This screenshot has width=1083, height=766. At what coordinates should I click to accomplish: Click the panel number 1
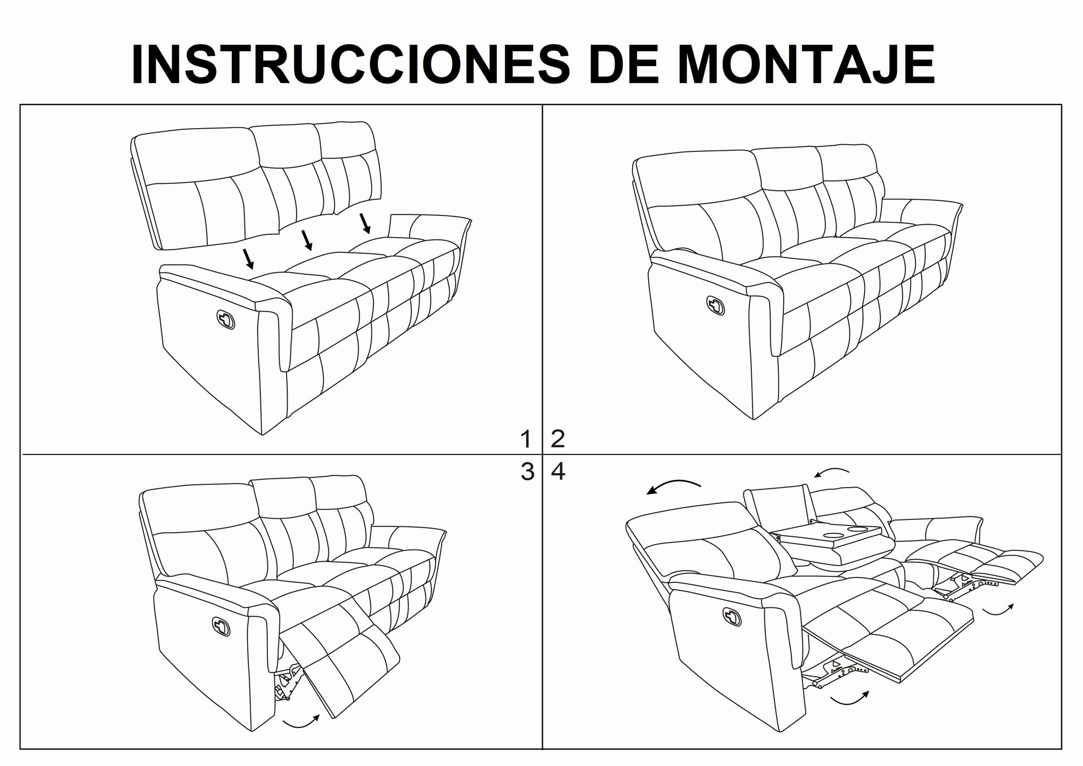[526, 439]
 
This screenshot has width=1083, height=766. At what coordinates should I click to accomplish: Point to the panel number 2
[557, 439]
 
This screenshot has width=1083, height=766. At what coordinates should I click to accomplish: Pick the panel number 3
[527, 471]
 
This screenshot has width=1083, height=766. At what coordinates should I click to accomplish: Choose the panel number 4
[558, 471]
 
